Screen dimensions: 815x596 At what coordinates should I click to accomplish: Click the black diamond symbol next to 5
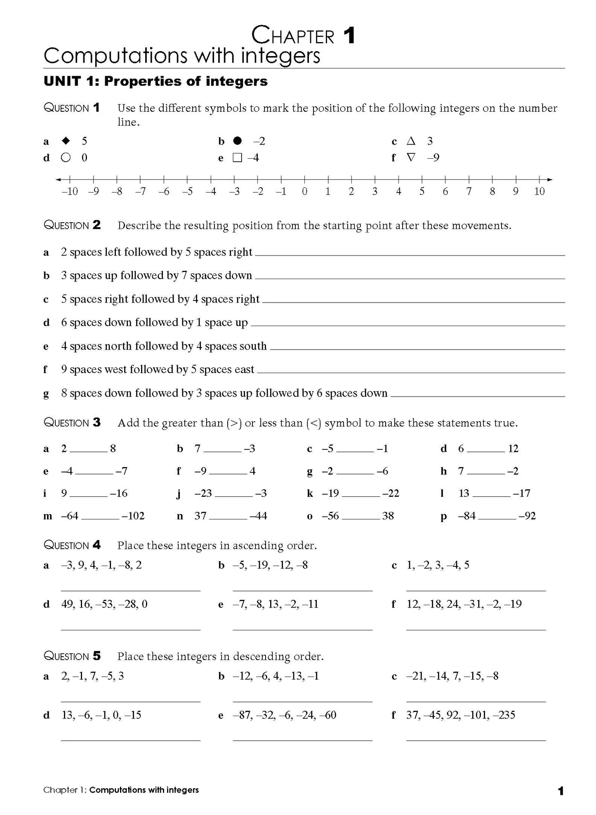pos(66,141)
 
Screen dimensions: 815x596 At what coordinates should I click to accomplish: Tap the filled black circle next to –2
pos(237,141)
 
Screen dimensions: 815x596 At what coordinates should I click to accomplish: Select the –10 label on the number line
pos(69,191)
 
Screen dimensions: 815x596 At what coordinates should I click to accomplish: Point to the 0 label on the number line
pos(304,191)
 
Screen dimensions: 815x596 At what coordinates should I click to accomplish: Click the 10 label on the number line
pos(539,191)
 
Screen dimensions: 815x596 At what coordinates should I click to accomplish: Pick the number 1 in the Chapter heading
pos(349,36)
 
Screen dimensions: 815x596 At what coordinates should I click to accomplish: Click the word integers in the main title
pos(280,56)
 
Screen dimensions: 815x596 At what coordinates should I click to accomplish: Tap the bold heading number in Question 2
pos(97,225)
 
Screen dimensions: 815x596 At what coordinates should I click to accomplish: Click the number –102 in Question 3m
pos(133,516)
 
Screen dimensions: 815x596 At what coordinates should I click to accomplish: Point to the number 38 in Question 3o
pos(388,516)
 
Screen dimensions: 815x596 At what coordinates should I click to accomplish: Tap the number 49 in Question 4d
pos(67,604)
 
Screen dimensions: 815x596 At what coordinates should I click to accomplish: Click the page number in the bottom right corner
pos(560,791)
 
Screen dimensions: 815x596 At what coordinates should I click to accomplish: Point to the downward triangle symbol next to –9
pos(410,157)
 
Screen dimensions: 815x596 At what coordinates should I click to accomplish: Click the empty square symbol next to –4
pos(237,158)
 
